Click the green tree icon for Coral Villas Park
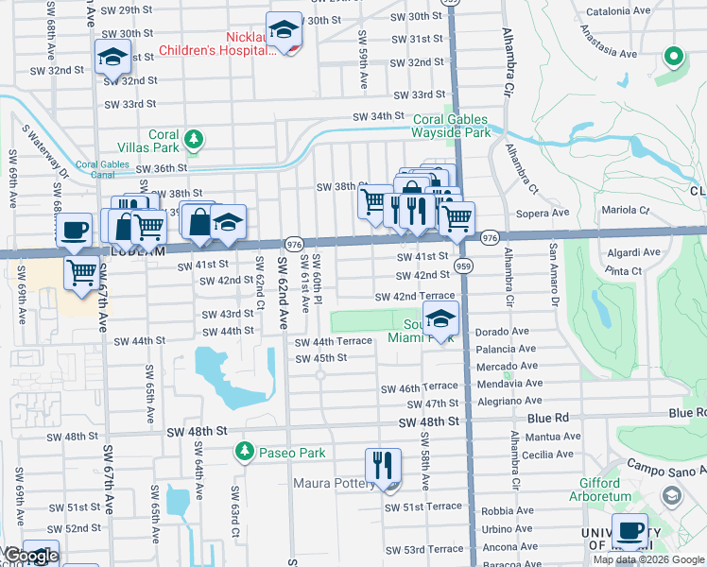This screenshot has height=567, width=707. (x=194, y=140)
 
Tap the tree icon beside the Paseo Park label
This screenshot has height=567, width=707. (x=246, y=452)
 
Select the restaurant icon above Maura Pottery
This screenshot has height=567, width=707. (x=382, y=465)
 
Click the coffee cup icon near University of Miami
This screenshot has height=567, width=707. (x=630, y=531)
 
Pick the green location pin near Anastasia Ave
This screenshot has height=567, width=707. (x=674, y=58)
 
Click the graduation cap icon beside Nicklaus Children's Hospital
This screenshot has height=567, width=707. (x=283, y=29)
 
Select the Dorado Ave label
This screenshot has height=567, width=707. (x=503, y=332)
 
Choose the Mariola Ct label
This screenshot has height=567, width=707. (x=626, y=210)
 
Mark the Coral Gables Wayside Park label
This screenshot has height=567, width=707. (x=452, y=126)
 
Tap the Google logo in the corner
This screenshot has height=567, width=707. (x=30, y=557)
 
